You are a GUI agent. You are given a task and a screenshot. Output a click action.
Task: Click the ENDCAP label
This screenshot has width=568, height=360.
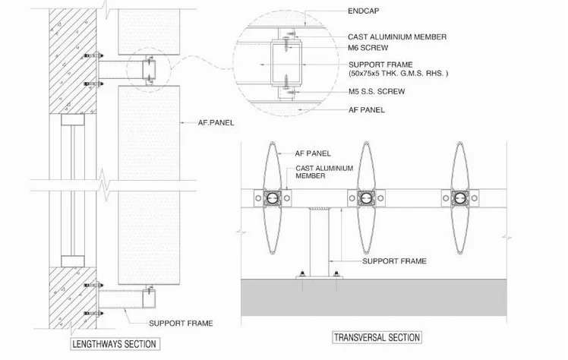[x=363, y=11]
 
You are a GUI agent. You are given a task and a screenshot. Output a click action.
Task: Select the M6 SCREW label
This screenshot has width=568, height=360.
[x=368, y=47]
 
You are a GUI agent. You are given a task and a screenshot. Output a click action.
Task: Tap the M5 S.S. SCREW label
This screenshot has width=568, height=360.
[x=377, y=91]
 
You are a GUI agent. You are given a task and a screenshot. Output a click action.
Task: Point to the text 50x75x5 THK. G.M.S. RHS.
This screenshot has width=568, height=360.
[x=397, y=73]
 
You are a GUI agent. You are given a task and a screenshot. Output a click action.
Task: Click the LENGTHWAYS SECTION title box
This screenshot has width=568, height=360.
[x=115, y=344]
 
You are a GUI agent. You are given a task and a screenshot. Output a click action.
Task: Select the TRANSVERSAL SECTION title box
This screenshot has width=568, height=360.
[x=377, y=337]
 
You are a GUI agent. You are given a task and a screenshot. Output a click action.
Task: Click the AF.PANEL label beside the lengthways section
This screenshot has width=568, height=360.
[x=216, y=123]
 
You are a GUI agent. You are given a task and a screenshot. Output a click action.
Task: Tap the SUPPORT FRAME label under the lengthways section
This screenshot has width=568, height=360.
[x=181, y=323]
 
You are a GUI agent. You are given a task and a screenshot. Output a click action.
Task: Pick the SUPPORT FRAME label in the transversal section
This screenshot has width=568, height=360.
[x=394, y=261]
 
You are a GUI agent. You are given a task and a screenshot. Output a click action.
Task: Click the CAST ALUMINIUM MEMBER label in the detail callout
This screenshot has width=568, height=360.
[x=397, y=37]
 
